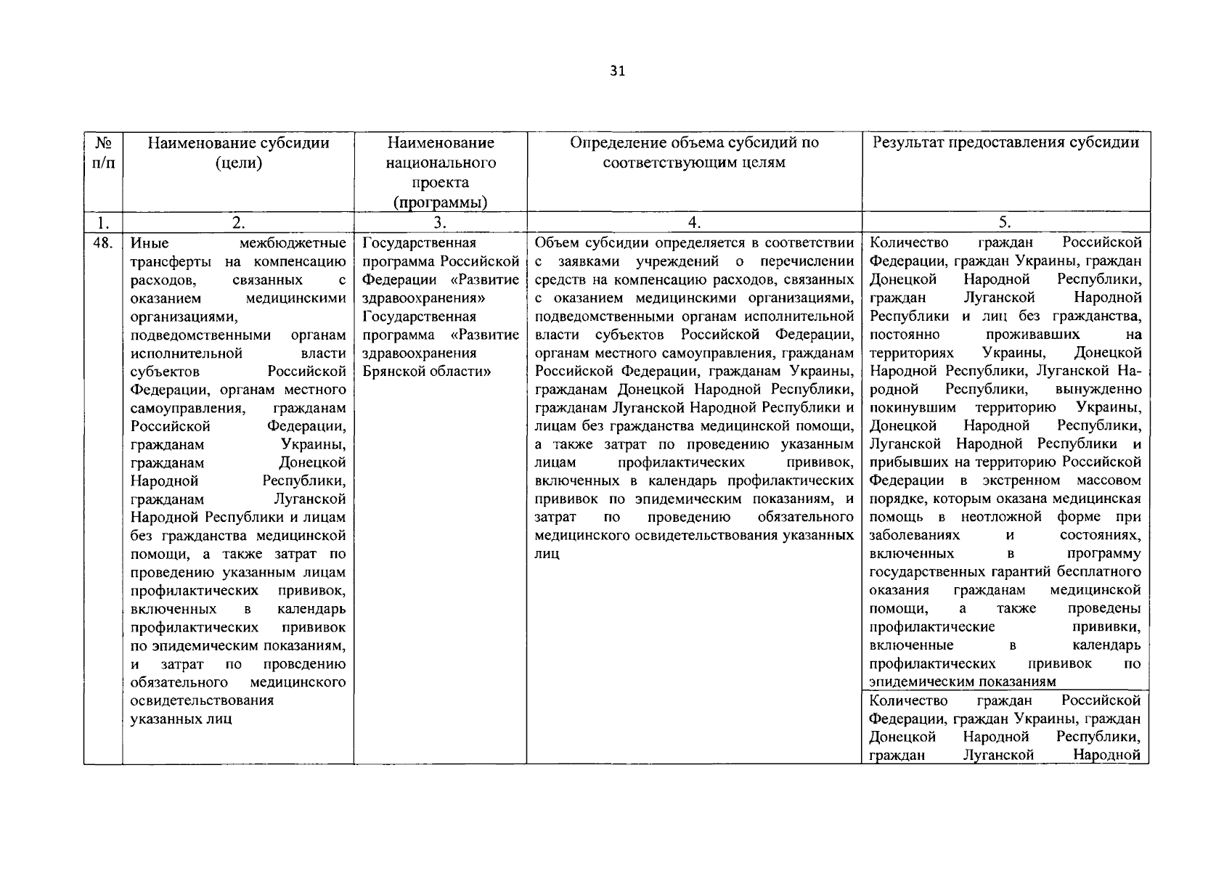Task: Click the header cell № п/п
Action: tap(102, 152)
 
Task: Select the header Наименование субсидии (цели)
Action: tap(238, 152)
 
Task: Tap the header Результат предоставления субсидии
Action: tap(1005, 142)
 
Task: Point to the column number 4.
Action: tap(694, 223)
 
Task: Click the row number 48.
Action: tap(102, 242)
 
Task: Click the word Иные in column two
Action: tap(150, 243)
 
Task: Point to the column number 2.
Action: tap(238, 223)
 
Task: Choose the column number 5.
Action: tap(1005, 223)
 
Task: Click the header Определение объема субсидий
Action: tap(694, 143)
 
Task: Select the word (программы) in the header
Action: tap(440, 203)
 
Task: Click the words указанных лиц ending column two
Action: tap(181, 719)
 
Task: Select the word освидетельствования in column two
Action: tap(202, 700)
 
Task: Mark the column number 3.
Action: tap(440, 223)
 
